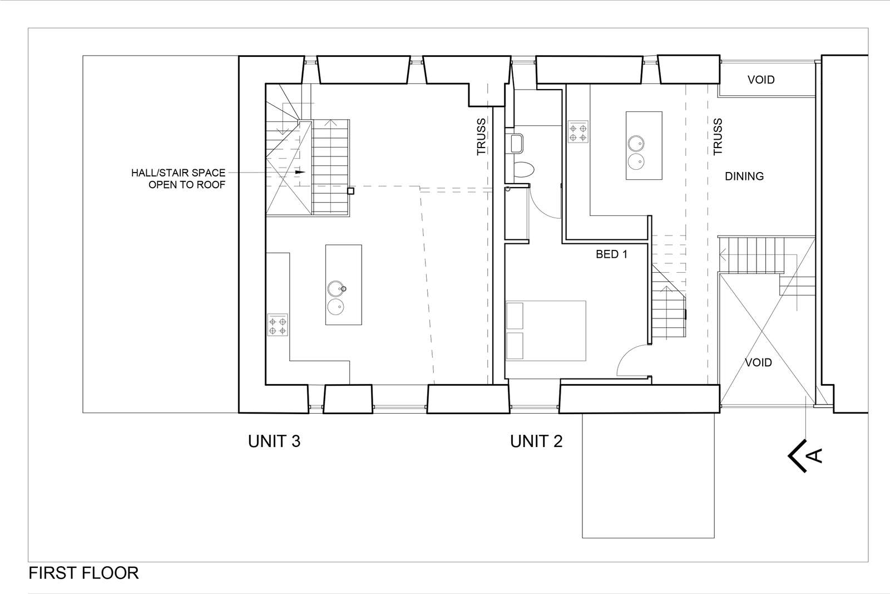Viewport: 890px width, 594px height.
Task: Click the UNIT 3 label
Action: (x=274, y=441)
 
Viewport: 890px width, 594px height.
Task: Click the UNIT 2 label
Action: (x=536, y=441)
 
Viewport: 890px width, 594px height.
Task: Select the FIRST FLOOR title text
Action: (x=83, y=573)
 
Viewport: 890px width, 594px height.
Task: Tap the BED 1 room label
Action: (x=611, y=254)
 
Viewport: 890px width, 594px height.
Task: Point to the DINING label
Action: (x=744, y=176)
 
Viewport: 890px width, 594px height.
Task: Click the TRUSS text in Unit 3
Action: (x=481, y=137)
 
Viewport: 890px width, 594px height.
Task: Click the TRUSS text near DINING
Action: (x=718, y=137)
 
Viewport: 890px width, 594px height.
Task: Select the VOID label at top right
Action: (x=760, y=80)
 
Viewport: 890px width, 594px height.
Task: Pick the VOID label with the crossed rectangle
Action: (x=758, y=362)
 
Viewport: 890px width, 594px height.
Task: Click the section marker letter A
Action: (x=815, y=456)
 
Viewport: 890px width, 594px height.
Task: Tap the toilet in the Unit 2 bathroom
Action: (x=523, y=169)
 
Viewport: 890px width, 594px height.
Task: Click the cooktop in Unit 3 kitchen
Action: (x=278, y=325)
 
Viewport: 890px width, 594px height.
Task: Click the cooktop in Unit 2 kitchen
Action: (x=577, y=131)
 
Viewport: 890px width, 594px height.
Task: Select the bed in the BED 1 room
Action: (x=546, y=331)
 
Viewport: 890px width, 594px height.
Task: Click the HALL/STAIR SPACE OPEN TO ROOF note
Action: (x=178, y=178)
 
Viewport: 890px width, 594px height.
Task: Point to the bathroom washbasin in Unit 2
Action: (x=514, y=143)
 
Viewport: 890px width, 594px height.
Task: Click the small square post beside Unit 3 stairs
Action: (x=350, y=191)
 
